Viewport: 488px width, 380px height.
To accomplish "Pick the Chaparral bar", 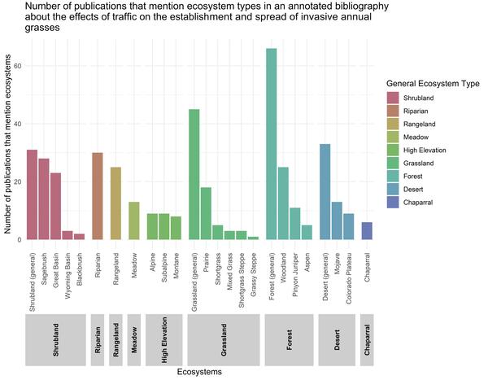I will pos(366,231).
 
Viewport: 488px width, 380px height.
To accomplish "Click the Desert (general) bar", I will pos(325,192).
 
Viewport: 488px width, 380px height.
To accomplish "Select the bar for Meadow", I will pos(134,221).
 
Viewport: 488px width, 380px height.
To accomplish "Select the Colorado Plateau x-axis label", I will pos(349,273).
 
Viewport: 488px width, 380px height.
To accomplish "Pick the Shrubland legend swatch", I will pos(396,96).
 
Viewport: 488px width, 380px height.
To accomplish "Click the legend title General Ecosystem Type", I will pos(432,82).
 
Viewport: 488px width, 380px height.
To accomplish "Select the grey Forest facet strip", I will pos(289,339).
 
